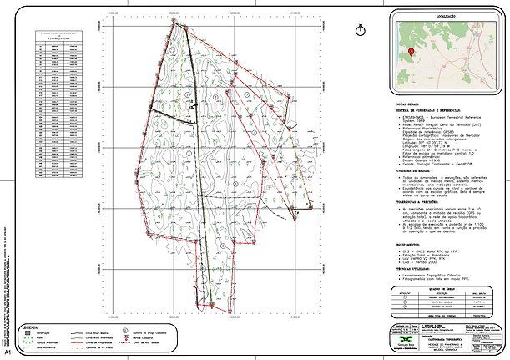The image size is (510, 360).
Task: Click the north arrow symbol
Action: click(360, 28)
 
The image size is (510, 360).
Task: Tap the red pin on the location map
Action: click(412, 51)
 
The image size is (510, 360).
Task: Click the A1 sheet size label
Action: click(7, 354)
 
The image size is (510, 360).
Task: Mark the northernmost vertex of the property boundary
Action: click(175, 23)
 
